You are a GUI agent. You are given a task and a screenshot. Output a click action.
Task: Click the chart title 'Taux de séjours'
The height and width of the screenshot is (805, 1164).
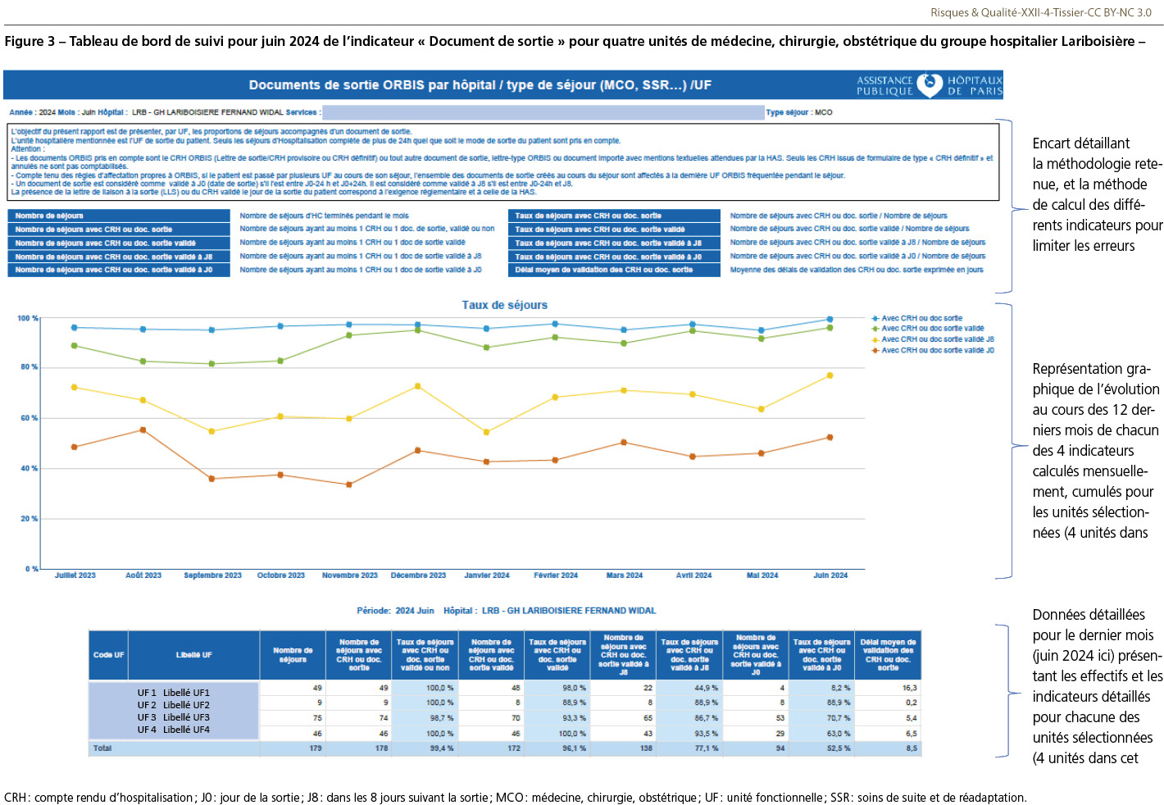click(504, 305)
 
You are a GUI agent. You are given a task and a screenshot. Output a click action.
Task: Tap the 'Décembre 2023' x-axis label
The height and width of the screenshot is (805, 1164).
click(418, 575)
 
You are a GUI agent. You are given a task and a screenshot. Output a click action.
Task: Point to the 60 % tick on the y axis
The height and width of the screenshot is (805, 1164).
click(29, 418)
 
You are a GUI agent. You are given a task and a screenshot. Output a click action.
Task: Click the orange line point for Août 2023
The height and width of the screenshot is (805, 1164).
click(143, 430)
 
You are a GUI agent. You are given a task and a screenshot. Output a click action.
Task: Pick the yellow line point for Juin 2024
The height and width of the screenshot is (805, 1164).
click(830, 375)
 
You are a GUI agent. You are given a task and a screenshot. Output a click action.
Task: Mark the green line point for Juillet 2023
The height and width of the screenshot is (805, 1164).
click(75, 346)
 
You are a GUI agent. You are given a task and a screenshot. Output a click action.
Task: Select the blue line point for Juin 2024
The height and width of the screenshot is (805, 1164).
click(830, 320)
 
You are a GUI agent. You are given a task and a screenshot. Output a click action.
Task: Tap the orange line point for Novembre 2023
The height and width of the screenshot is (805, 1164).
click(349, 484)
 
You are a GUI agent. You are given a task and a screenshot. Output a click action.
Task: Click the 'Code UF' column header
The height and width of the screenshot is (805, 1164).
click(108, 655)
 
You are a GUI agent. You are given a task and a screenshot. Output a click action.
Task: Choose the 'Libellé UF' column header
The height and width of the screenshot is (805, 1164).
click(193, 655)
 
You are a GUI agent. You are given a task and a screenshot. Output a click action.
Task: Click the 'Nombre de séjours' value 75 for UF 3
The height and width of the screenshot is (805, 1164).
click(317, 718)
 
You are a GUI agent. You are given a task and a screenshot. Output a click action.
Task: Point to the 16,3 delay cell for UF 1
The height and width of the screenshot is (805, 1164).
click(911, 688)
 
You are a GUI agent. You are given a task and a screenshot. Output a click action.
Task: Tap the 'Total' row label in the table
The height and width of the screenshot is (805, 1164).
click(102, 748)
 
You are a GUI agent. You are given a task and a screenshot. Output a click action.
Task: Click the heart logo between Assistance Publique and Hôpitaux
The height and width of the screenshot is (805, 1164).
click(930, 85)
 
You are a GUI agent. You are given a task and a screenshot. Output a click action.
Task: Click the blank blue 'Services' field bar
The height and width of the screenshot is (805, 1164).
click(543, 112)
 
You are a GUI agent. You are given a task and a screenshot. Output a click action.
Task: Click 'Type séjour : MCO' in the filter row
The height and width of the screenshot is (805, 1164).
click(799, 112)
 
